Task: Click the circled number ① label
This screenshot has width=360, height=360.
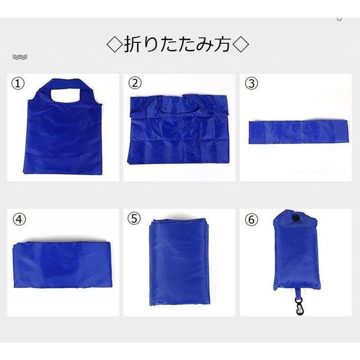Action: point(18,83)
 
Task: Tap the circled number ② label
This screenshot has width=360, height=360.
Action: point(135,83)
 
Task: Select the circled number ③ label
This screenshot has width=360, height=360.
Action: point(252,83)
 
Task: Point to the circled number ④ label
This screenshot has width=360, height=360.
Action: point(19,219)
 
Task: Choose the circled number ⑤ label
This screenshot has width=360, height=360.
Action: point(134,218)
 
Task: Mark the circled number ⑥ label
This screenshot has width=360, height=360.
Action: point(252,219)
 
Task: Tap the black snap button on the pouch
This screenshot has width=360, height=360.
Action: point(294,217)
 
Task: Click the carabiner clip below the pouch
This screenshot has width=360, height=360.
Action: point(299,306)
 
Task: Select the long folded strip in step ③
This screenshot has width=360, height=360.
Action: point(298,132)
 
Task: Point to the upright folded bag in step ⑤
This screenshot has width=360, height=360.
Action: point(179,262)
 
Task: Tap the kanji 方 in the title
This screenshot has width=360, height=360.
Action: point(222,44)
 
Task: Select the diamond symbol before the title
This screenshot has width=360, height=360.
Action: point(115,44)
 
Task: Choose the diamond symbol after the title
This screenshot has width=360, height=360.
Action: point(240,44)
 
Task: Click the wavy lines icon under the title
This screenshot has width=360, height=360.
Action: point(20,57)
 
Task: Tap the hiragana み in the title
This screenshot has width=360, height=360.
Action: point(204,44)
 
